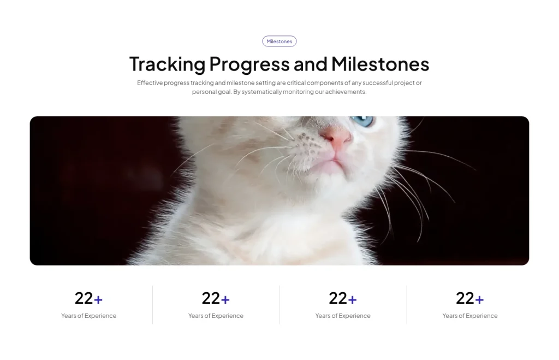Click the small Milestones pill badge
pyautogui.click(x=279, y=42)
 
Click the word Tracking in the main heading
pyautogui.click(x=166, y=64)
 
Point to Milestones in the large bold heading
pyautogui.click(x=380, y=64)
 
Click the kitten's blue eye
pyautogui.click(x=362, y=120)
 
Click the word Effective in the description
pyautogui.click(x=150, y=83)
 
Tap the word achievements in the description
pyautogui.click(x=346, y=92)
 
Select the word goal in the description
pyautogui.click(x=224, y=92)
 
